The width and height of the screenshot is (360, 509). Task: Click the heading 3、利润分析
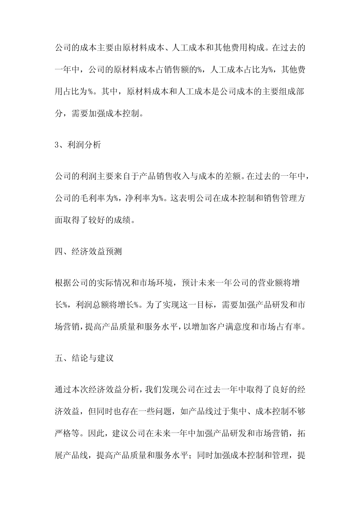click(x=78, y=145)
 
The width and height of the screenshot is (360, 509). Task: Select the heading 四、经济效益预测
click(x=88, y=251)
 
